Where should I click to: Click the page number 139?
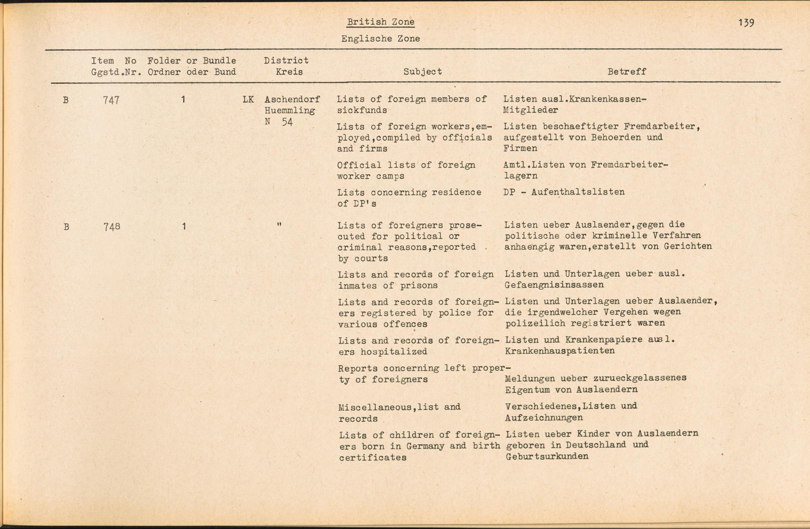(x=746, y=23)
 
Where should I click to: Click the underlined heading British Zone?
(x=381, y=22)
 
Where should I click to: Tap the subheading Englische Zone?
(x=380, y=39)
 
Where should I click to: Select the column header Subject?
(x=422, y=72)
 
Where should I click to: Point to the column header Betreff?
(x=627, y=72)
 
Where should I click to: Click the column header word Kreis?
(x=289, y=72)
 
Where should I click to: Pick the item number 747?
(x=111, y=100)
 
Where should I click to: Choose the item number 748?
(x=112, y=226)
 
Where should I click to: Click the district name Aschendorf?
(x=292, y=99)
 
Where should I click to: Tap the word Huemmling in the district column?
(x=290, y=110)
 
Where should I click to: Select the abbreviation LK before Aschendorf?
(x=248, y=99)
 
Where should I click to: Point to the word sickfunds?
(x=362, y=110)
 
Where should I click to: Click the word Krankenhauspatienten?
(x=560, y=351)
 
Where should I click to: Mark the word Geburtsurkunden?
(x=547, y=456)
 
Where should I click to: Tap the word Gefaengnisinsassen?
(x=554, y=285)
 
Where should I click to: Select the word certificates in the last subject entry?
(x=373, y=458)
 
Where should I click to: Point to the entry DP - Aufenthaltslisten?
(x=564, y=192)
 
